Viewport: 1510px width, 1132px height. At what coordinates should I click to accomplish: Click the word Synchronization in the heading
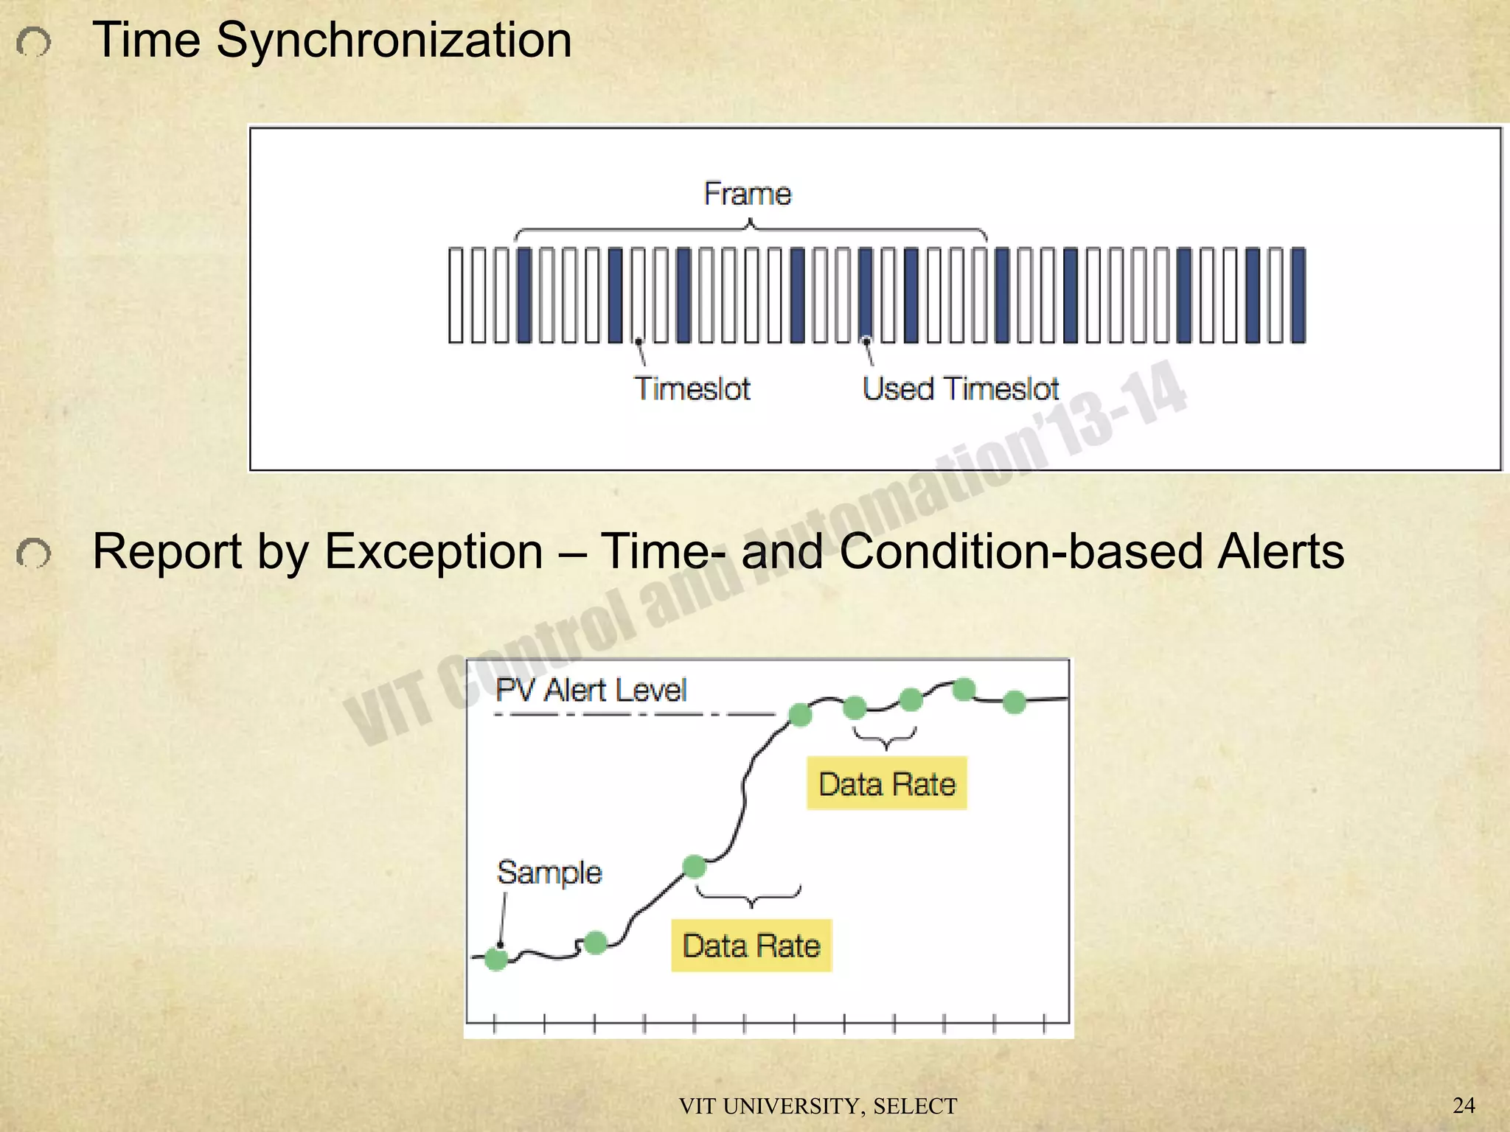(x=394, y=40)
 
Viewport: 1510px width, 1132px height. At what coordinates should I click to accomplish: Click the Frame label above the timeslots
(x=747, y=194)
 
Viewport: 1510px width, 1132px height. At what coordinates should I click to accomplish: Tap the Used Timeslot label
(x=960, y=388)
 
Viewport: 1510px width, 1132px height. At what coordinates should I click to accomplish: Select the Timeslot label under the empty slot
(x=692, y=388)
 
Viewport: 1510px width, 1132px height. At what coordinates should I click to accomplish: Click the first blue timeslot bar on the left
(x=524, y=295)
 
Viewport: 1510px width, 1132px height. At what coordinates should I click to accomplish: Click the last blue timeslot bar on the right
(x=1298, y=295)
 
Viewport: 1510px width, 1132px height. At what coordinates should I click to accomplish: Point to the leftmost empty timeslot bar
(x=456, y=295)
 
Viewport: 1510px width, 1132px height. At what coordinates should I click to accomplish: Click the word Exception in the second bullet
(x=434, y=551)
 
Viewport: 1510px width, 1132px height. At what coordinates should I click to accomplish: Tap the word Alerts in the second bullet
(x=1281, y=551)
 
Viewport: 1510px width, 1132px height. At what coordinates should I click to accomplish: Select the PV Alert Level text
(x=591, y=691)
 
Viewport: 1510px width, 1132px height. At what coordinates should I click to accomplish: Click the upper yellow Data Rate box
(x=886, y=783)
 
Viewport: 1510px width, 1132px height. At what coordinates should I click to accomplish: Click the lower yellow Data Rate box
(x=751, y=946)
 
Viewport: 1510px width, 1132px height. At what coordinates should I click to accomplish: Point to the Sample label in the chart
(x=549, y=873)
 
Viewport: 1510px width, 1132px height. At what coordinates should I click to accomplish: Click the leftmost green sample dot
(x=496, y=959)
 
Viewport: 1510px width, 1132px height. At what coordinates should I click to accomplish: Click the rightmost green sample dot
(x=1015, y=702)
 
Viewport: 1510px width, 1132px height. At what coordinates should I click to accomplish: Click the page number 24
(x=1464, y=1105)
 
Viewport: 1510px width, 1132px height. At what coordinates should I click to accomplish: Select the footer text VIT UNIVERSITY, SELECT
(x=818, y=1106)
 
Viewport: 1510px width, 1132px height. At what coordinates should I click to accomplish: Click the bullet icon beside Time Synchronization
(x=34, y=43)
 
